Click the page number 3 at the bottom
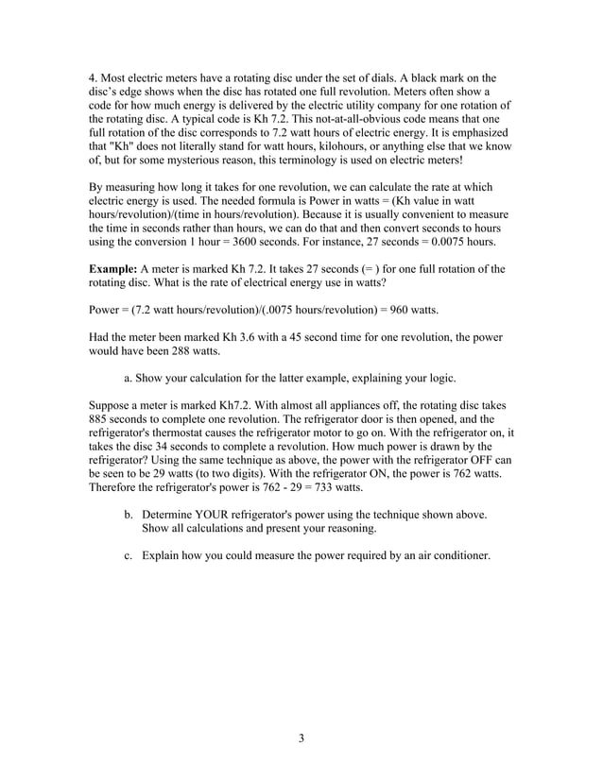pyautogui.click(x=301, y=738)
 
